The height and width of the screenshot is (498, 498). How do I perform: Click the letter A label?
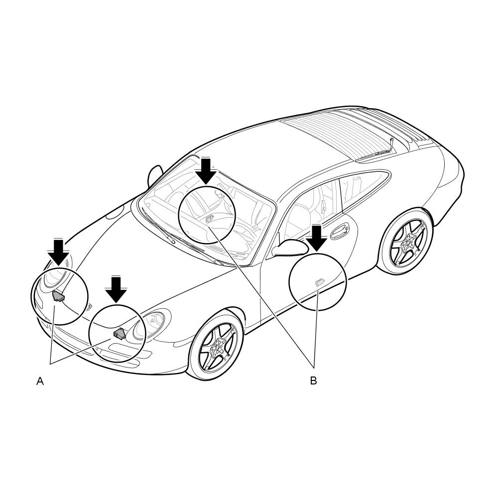tap(40, 381)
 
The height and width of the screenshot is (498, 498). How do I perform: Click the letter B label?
tap(313, 380)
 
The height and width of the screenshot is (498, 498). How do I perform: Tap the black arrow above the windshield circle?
tap(206, 171)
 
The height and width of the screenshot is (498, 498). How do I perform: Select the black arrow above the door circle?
tap(316, 238)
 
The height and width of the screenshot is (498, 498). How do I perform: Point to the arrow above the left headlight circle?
tap(59, 252)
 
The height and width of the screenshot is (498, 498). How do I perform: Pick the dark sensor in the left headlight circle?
tap(58, 296)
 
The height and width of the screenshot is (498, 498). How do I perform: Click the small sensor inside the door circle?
tap(319, 282)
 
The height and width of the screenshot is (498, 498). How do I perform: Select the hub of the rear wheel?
tap(407, 243)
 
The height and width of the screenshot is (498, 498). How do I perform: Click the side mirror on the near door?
tap(289, 248)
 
